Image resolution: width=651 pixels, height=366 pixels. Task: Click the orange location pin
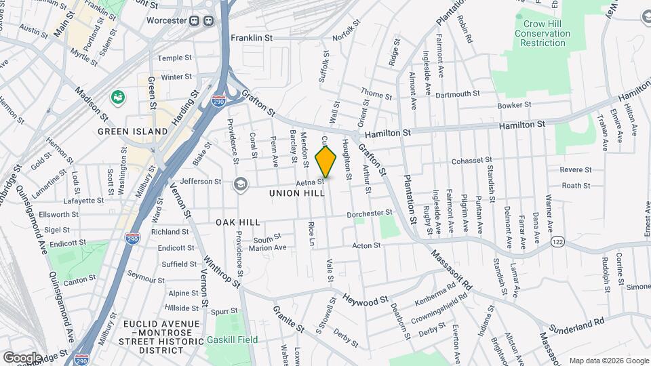coord(326,163)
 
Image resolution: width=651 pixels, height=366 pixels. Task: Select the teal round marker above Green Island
coord(119,98)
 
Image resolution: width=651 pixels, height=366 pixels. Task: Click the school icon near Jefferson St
coord(240,184)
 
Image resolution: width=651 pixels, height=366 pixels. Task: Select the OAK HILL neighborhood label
coord(238,222)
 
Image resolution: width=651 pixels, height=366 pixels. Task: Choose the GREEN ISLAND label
coord(132,131)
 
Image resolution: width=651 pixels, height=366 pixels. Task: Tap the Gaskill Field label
coord(233,340)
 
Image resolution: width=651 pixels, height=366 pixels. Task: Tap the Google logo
coord(22,357)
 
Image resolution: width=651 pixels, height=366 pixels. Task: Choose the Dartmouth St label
coord(458,94)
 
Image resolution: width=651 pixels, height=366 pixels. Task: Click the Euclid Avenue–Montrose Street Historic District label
coord(162,337)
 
